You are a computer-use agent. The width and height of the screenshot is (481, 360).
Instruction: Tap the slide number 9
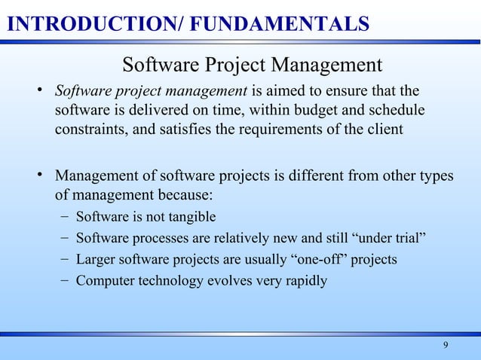click(446, 346)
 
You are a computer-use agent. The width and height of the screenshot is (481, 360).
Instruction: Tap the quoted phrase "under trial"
click(390, 239)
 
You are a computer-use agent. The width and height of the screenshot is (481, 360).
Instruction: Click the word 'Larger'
click(96, 260)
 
